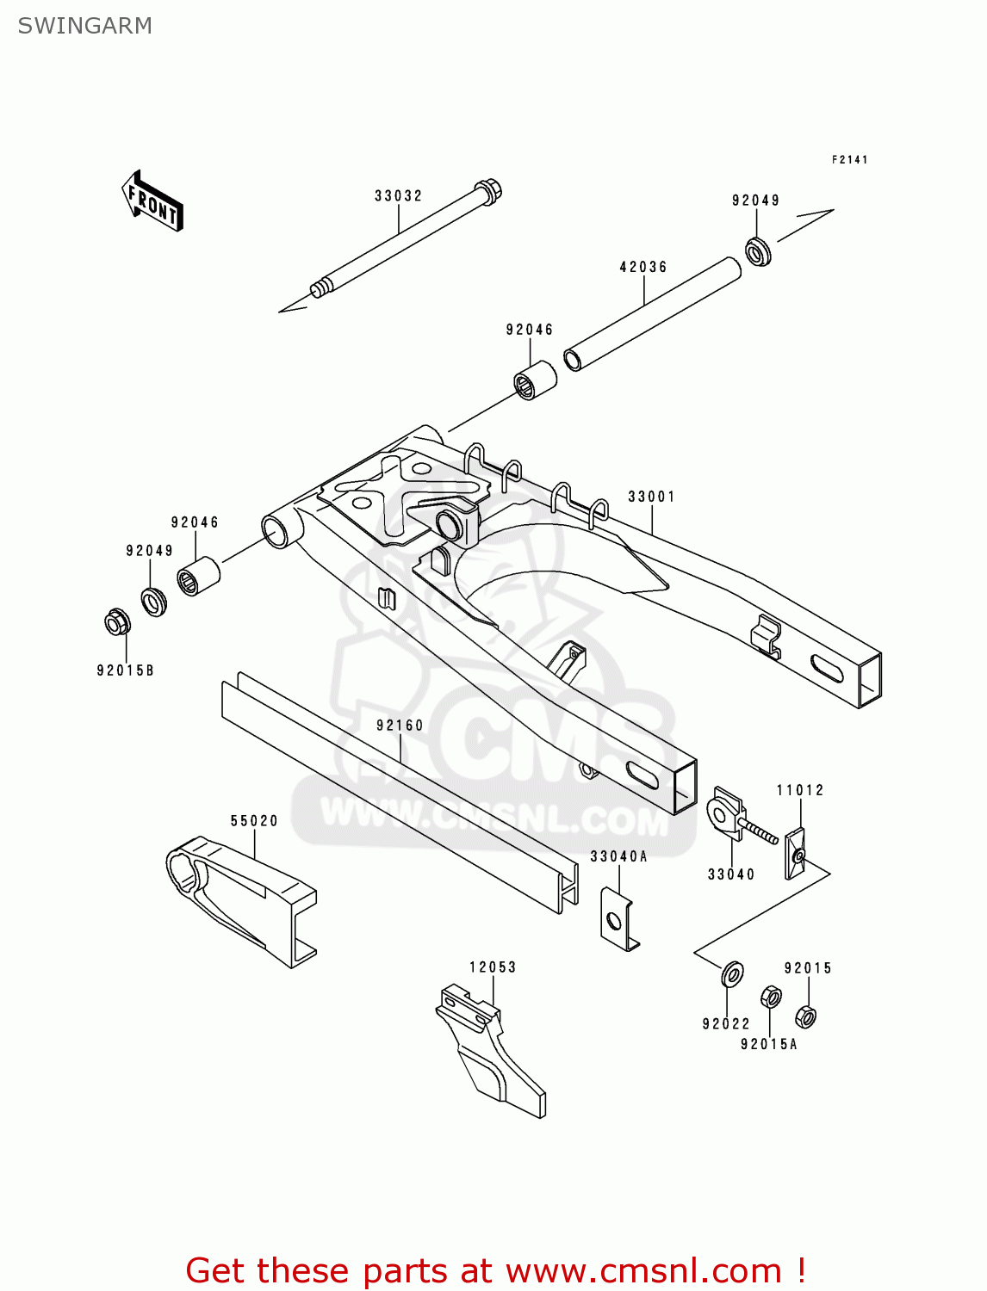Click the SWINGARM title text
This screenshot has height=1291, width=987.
click(84, 26)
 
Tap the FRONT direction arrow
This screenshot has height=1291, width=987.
click(152, 202)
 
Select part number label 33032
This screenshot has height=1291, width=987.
click(398, 196)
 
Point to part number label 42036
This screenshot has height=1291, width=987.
click(643, 268)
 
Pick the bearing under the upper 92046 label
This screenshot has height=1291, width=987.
click(535, 380)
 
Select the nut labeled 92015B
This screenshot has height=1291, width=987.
click(116, 621)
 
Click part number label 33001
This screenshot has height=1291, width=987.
click(652, 497)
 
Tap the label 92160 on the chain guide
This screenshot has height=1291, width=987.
click(400, 726)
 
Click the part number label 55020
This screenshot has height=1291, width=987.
click(254, 821)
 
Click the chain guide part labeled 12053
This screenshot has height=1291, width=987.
click(487, 1050)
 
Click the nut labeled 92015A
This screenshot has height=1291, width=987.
click(771, 998)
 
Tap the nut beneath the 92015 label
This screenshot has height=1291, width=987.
click(805, 1016)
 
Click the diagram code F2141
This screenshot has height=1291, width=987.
click(849, 160)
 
